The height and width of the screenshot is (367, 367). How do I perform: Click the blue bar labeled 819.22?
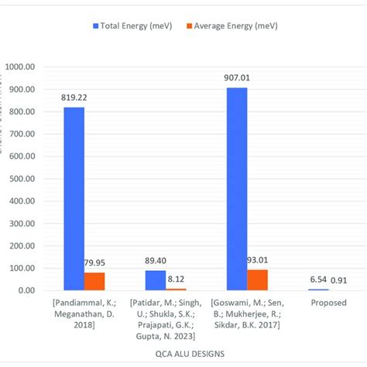click(74, 198)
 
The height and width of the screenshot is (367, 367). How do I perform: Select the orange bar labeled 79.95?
click(94, 281)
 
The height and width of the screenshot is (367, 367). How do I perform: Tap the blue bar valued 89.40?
click(156, 280)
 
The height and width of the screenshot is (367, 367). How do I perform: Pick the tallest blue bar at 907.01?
click(237, 189)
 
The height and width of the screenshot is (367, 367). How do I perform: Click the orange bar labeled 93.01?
click(257, 280)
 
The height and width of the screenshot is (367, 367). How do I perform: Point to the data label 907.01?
click(237, 78)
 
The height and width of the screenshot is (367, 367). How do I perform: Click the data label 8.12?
click(176, 280)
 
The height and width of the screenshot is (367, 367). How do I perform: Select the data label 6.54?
click(317, 280)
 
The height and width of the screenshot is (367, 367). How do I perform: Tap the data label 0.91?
click(339, 280)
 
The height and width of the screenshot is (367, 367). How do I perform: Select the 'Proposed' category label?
click(328, 303)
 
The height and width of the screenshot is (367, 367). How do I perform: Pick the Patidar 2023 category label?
click(166, 318)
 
